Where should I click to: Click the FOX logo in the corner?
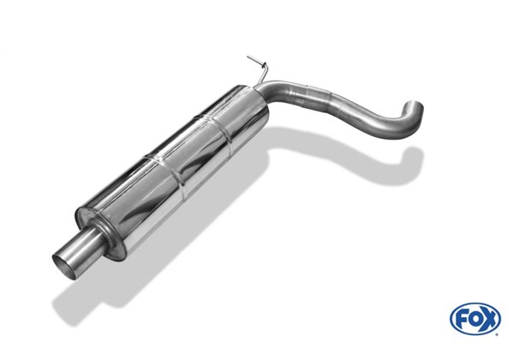(475, 318)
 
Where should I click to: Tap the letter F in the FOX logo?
(462, 319)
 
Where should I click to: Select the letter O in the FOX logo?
(475, 319)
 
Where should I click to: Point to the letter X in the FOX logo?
(489, 319)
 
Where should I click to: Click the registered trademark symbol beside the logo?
(498, 334)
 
